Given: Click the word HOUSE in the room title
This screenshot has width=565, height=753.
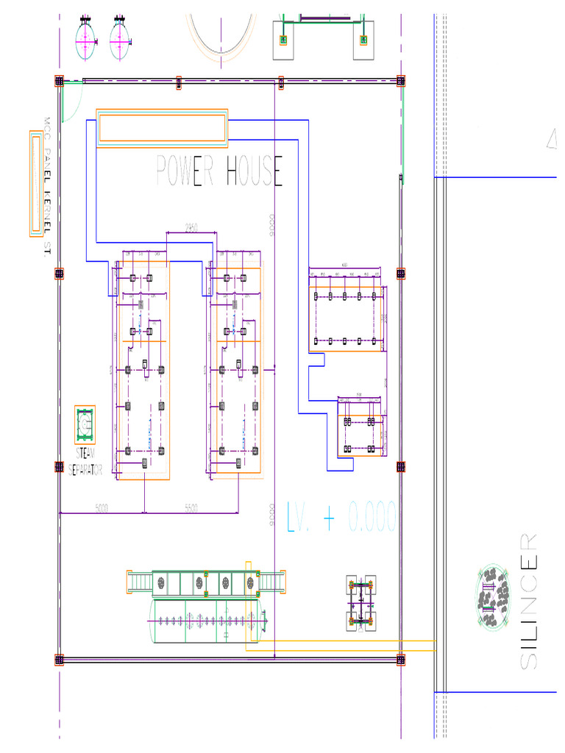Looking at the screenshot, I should (254, 172).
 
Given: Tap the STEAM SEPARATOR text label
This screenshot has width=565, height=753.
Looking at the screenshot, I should (85, 462).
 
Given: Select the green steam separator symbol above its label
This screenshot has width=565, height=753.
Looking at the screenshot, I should (85, 424).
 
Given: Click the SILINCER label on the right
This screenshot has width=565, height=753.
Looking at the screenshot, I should (528, 601).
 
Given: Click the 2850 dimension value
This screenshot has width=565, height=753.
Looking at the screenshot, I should (191, 228).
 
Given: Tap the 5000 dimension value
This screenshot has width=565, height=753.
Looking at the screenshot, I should (103, 507).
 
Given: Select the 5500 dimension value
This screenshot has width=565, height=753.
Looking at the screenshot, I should (191, 507).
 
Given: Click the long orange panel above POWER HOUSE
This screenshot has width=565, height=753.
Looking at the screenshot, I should (162, 128).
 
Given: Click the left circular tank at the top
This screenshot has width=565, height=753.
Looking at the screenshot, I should (87, 40).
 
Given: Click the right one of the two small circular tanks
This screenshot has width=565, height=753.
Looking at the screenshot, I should (121, 40).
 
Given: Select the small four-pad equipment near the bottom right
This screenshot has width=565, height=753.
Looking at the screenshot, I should (361, 603).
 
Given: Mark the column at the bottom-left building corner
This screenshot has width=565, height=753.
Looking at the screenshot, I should (59, 660).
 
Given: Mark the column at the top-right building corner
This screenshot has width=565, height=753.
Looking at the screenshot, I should (400, 80).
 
